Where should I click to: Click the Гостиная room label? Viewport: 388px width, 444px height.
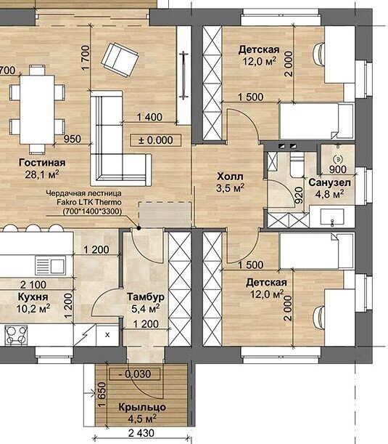pos(42,163)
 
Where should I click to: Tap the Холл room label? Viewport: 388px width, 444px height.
pos(230,177)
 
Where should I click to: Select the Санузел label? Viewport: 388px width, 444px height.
pos(329,182)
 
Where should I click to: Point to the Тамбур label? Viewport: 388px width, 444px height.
pos(146,296)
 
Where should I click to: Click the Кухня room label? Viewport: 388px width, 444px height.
pos(33,296)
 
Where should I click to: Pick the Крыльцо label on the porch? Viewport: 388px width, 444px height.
pos(142,407)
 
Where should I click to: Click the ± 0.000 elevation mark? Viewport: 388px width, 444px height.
pos(156,140)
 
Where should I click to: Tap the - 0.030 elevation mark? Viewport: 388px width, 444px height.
pos(134,374)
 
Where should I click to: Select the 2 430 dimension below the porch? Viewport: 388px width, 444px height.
pos(141,433)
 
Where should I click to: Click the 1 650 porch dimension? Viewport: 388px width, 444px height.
pos(102,395)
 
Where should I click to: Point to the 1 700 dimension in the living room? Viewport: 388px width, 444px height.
pos(85,57)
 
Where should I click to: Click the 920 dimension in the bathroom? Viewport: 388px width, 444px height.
pos(298,195)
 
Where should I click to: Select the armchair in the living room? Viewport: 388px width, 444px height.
pos(120,60)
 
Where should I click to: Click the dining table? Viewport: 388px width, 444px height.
pos(37,109)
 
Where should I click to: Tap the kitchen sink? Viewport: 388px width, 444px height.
pos(50,265)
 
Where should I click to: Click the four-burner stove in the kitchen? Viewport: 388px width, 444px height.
pos(16,335)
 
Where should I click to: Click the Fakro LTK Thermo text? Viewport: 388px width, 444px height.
pos(89,202)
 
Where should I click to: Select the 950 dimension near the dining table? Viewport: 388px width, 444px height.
pos(72,139)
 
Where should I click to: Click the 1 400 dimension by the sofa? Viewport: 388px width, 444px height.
pos(149,117)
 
